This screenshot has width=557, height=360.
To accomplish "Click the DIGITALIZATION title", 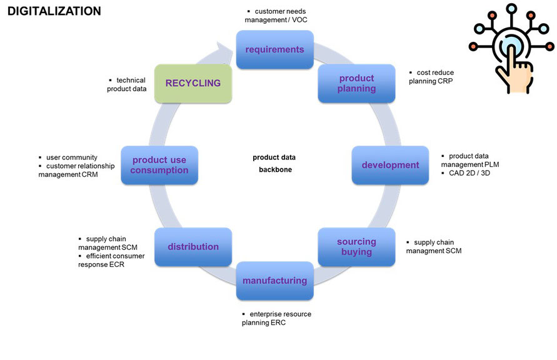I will click(54, 11).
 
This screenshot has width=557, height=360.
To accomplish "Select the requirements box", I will click(274, 49).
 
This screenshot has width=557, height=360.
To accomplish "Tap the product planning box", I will click(357, 83).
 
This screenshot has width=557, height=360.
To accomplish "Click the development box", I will click(390, 165).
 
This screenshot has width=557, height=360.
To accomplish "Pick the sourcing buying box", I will click(356, 247).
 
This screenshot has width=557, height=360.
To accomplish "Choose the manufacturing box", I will click(274, 281).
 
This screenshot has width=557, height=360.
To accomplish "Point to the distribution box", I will click(193, 247).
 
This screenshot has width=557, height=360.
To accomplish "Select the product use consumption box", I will click(159, 165).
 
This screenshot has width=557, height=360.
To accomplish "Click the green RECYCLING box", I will click(193, 83).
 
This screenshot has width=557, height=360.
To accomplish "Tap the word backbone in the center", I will click(274, 170).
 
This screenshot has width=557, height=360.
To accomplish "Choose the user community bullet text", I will click(72, 157).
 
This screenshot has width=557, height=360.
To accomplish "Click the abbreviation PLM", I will click(490, 164).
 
